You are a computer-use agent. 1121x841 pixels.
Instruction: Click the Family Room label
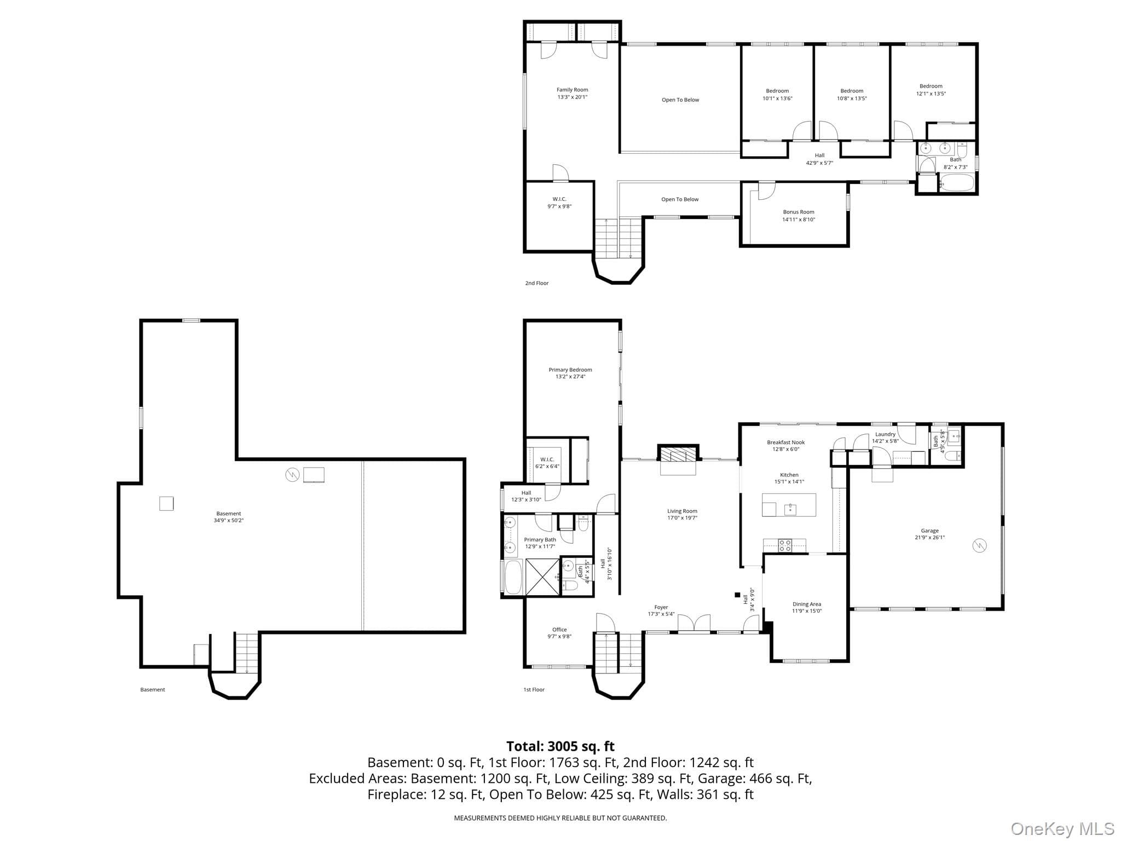click(x=572, y=90)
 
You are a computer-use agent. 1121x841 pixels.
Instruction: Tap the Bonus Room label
click(x=799, y=212)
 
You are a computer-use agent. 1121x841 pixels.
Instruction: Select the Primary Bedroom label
click(x=570, y=370)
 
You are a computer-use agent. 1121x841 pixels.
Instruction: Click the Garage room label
click(x=929, y=531)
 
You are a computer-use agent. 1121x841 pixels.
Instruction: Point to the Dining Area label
click(x=807, y=604)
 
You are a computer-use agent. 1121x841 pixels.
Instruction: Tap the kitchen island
click(x=789, y=505)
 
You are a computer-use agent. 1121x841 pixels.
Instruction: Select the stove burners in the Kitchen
click(x=785, y=544)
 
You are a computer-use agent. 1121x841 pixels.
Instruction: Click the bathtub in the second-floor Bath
click(x=957, y=182)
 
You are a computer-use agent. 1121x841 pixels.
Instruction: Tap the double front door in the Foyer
click(x=694, y=623)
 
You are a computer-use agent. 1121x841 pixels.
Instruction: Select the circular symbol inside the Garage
click(x=979, y=546)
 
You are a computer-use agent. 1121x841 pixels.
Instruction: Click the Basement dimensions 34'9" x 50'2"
click(x=229, y=520)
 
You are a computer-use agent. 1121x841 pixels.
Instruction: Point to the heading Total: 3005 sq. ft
click(x=560, y=746)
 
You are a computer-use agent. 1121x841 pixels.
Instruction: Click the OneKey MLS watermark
click(x=1062, y=829)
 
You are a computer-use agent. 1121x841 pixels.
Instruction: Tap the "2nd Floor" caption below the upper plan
click(x=536, y=283)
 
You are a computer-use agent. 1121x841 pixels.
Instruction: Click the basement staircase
click(x=247, y=653)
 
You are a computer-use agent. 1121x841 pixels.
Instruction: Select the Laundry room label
click(x=885, y=434)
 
